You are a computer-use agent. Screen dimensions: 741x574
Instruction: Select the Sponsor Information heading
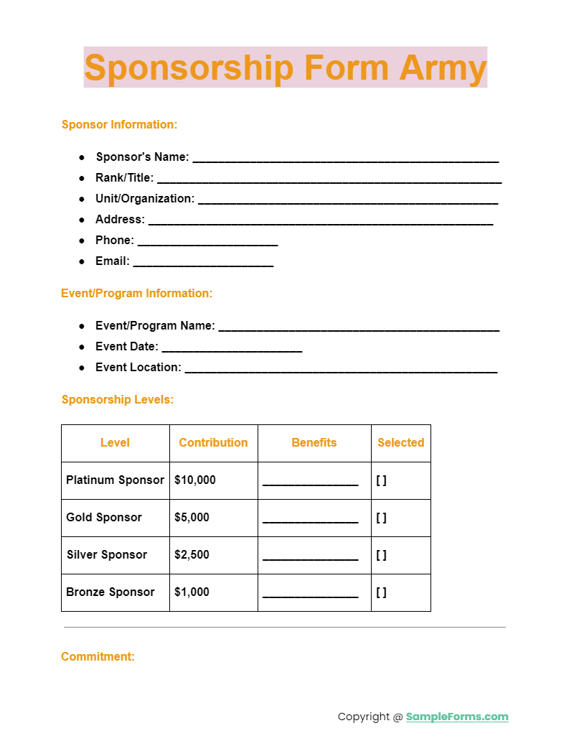click(119, 124)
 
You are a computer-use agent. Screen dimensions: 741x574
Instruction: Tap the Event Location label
click(138, 367)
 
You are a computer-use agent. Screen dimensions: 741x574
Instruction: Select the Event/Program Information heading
click(136, 293)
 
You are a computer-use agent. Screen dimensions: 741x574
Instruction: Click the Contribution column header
click(213, 442)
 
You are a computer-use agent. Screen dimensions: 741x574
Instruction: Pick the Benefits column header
click(314, 442)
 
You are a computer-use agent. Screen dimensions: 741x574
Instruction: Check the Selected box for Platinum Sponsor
click(381, 480)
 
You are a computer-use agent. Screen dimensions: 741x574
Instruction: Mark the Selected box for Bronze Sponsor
click(381, 592)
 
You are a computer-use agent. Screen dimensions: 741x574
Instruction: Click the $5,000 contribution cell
click(192, 517)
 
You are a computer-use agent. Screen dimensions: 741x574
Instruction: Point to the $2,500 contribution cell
click(192, 554)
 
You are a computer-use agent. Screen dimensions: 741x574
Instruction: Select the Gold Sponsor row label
click(104, 517)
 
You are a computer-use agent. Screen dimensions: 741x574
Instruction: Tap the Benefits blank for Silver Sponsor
click(310, 556)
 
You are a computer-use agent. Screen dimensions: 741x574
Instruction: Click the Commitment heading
click(98, 656)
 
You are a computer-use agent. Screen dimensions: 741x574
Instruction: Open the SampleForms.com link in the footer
click(457, 717)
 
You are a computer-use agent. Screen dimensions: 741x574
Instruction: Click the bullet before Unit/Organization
click(82, 198)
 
